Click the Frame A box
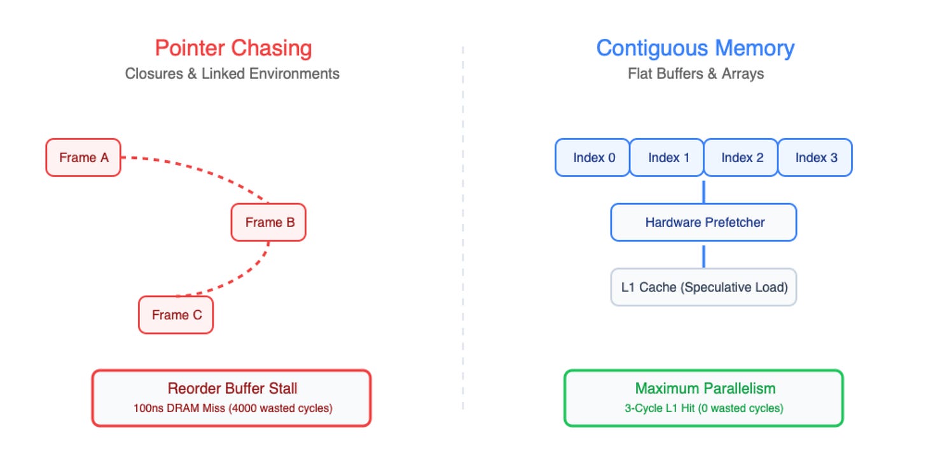83,158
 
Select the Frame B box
268,223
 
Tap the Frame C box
176,315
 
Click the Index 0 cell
592,158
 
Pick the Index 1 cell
667,158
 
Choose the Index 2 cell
741,158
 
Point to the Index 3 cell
815,158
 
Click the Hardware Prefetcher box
703,223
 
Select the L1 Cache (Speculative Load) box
703,287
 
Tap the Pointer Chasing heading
233,48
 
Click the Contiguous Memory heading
695,48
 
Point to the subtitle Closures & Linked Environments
232,74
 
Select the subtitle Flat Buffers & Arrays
696,74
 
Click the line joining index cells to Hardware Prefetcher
703,192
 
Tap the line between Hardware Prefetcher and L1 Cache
703,257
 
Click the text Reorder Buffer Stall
232,389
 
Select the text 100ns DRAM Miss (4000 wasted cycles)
233,408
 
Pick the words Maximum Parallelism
705,389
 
